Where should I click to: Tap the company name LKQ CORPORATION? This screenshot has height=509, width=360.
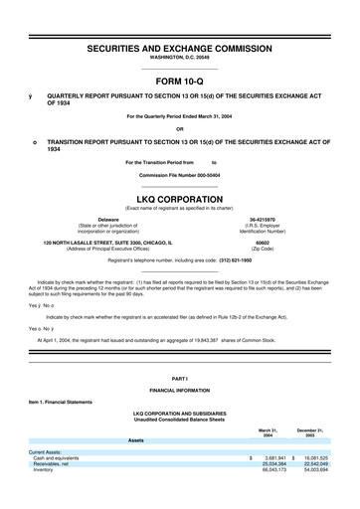coord(180,198)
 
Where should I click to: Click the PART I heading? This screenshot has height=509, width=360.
coord(180,379)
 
